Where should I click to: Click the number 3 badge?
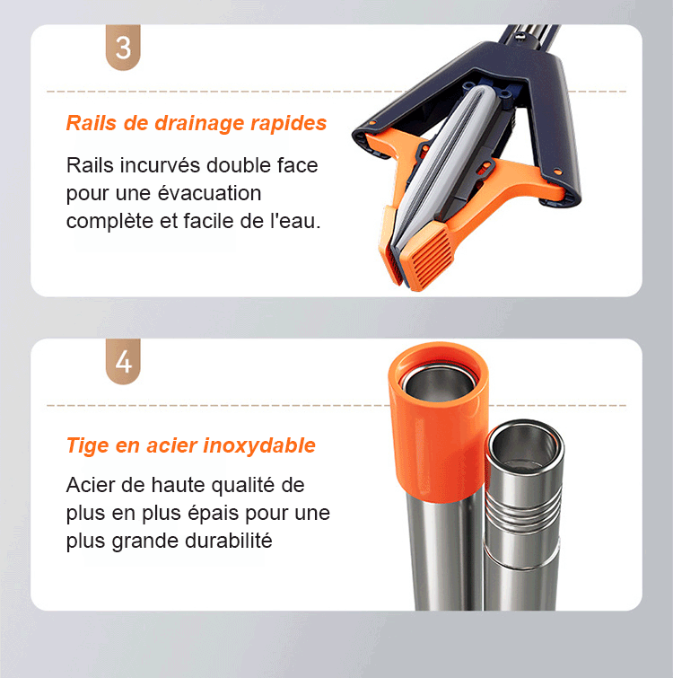pyautogui.click(x=123, y=47)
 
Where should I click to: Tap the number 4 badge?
pyautogui.click(x=123, y=361)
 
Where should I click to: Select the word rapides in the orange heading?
pyautogui.click(x=289, y=124)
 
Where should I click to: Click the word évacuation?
pyautogui.click(x=209, y=193)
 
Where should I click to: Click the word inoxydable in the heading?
pyautogui.click(x=259, y=445)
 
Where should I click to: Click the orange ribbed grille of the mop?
pyautogui.click(x=429, y=254)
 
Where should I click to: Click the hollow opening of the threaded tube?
pyautogui.click(x=524, y=446)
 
